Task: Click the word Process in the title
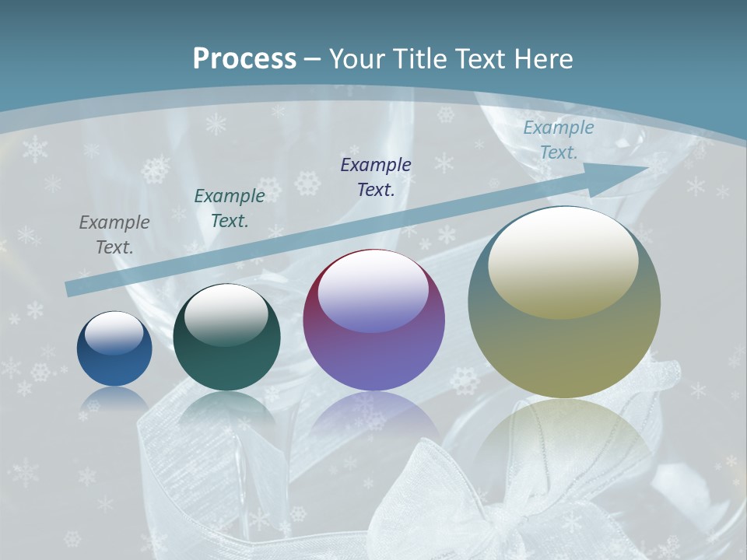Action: (244, 59)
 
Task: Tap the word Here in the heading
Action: (542, 59)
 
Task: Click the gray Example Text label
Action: (114, 235)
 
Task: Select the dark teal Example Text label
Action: (230, 208)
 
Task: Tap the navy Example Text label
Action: (376, 177)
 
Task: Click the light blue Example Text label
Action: (559, 140)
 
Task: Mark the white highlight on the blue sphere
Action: (114, 333)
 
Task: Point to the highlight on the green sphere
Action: (226, 314)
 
